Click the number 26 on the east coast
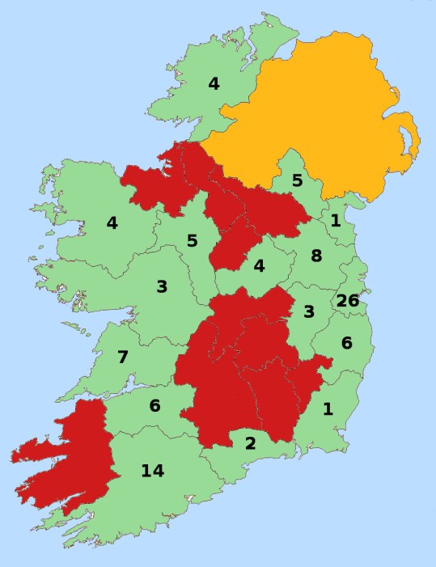(x=347, y=301)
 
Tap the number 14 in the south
(x=152, y=471)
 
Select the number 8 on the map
(x=316, y=256)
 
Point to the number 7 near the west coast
(x=123, y=357)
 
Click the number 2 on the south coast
(x=251, y=442)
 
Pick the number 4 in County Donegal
(x=214, y=83)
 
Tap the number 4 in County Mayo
(x=112, y=222)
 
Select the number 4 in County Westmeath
(x=260, y=265)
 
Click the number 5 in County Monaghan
(x=297, y=180)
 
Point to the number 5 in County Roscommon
(x=192, y=240)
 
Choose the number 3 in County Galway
(x=162, y=286)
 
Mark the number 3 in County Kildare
(x=309, y=311)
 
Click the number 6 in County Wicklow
(x=346, y=343)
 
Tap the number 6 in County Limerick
(x=155, y=406)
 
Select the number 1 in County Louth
(x=335, y=220)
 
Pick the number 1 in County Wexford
(x=328, y=408)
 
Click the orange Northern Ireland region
(x=324, y=113)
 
